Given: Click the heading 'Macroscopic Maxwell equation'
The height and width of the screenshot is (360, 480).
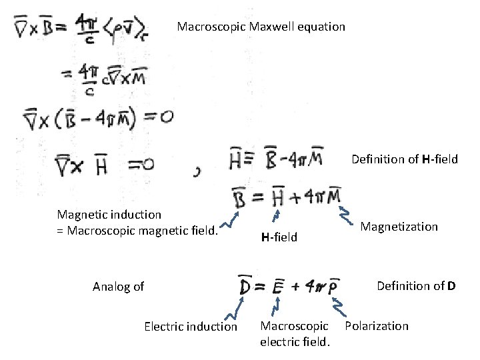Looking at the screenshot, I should point(261,27).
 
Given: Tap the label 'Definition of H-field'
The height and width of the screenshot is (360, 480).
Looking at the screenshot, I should point(405,159).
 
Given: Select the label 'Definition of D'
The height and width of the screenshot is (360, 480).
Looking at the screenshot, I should point(416,286).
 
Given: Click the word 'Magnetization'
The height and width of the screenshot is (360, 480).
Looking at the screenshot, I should point(399,227).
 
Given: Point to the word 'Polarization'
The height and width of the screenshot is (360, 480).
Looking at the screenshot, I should point(377,326).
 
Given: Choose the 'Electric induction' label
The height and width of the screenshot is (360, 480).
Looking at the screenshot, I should point(190,327).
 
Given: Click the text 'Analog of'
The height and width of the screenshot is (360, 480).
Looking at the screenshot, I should point(119,287).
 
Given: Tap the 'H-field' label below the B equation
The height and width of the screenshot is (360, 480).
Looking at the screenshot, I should point(279,237).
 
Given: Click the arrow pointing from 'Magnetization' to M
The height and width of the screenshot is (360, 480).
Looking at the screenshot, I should point(347,214).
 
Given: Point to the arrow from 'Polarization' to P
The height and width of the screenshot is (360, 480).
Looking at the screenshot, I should point(337,305).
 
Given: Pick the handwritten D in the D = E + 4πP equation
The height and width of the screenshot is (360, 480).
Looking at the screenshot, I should point(245,287).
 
